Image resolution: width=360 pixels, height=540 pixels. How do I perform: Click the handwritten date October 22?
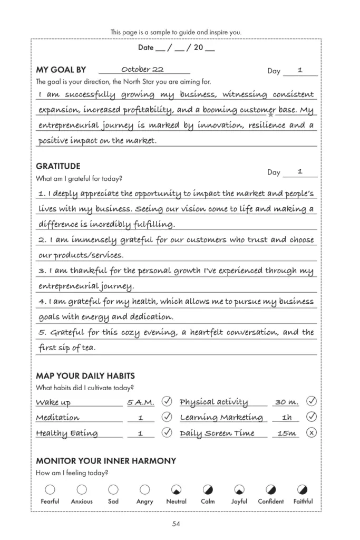tap(142, 70)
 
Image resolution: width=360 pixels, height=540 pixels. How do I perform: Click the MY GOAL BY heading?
tap(61, 70)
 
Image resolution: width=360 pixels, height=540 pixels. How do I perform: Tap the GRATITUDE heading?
tap(58, 166)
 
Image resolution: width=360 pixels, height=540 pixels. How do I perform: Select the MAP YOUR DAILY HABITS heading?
tap(85, 376)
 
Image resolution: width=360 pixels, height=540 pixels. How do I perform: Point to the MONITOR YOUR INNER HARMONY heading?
tap(106, 461)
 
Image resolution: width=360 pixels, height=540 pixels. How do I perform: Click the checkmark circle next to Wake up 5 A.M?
tap(167, 402)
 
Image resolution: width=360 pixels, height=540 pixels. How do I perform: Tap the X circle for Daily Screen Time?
tap(312, 433)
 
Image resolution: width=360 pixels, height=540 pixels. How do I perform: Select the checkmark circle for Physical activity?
tap(312, 402)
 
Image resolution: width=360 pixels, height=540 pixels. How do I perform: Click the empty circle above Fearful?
tap(50, 489)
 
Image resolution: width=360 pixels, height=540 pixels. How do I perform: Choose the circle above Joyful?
tap(239, 489)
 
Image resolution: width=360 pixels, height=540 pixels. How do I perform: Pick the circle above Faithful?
tap(303, 489)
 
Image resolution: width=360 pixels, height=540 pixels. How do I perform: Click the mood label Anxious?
tap(82, 502)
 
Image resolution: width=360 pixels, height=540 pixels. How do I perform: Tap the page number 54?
tap(176, 524)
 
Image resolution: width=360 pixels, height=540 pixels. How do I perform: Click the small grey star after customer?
tap(271, 114)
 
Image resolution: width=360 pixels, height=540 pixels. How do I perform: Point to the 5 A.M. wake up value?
tap(141, 402)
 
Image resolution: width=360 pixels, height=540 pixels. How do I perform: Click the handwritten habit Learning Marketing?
tap(221, 418)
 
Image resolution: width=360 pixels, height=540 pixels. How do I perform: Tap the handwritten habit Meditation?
tap(57, 418)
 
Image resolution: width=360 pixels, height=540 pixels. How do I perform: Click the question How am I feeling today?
tap(72, 473)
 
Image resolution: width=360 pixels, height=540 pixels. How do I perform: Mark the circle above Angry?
tap(144, 489)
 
